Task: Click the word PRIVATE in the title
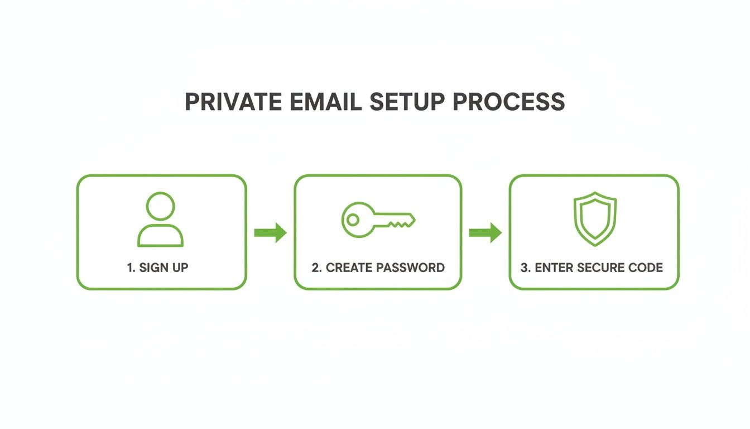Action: point(227,102)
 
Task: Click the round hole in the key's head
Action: point(352,220)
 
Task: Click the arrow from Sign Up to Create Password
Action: point(270,232)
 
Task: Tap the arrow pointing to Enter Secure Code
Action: point(485,232)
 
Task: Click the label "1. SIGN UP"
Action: point(158,268)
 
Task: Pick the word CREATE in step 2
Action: point(349,268)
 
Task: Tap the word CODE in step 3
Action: point(647,268)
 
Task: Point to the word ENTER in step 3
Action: point(554,268)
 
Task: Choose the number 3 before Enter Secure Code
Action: point(524,268)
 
